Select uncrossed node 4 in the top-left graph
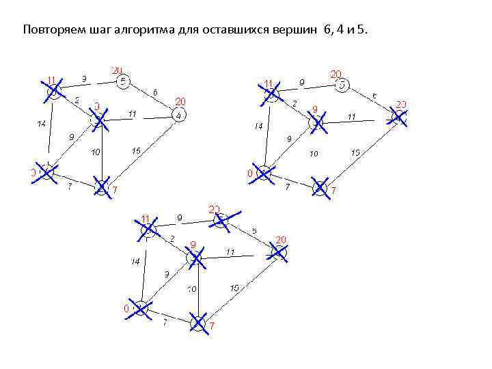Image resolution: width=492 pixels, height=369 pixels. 179,115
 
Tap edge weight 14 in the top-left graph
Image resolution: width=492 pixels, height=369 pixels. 41,124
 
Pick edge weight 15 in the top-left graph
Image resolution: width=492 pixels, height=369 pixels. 137,151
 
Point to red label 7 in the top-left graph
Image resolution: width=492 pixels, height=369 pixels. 115,189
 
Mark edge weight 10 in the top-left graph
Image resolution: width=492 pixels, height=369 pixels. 96,151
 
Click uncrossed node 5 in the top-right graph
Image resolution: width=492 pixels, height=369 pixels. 343,85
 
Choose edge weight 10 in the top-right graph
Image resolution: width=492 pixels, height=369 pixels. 314,154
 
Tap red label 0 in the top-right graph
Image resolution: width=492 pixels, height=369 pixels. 250,174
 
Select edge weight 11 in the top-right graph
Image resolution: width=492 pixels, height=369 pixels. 351,117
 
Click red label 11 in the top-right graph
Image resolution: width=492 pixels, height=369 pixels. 269,83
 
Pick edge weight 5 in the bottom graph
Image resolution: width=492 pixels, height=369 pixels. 254,231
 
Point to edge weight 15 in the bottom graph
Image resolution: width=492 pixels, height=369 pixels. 234,288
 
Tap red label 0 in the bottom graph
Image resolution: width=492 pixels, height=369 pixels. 126,309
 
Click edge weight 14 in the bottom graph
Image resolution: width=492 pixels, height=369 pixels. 136,261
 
